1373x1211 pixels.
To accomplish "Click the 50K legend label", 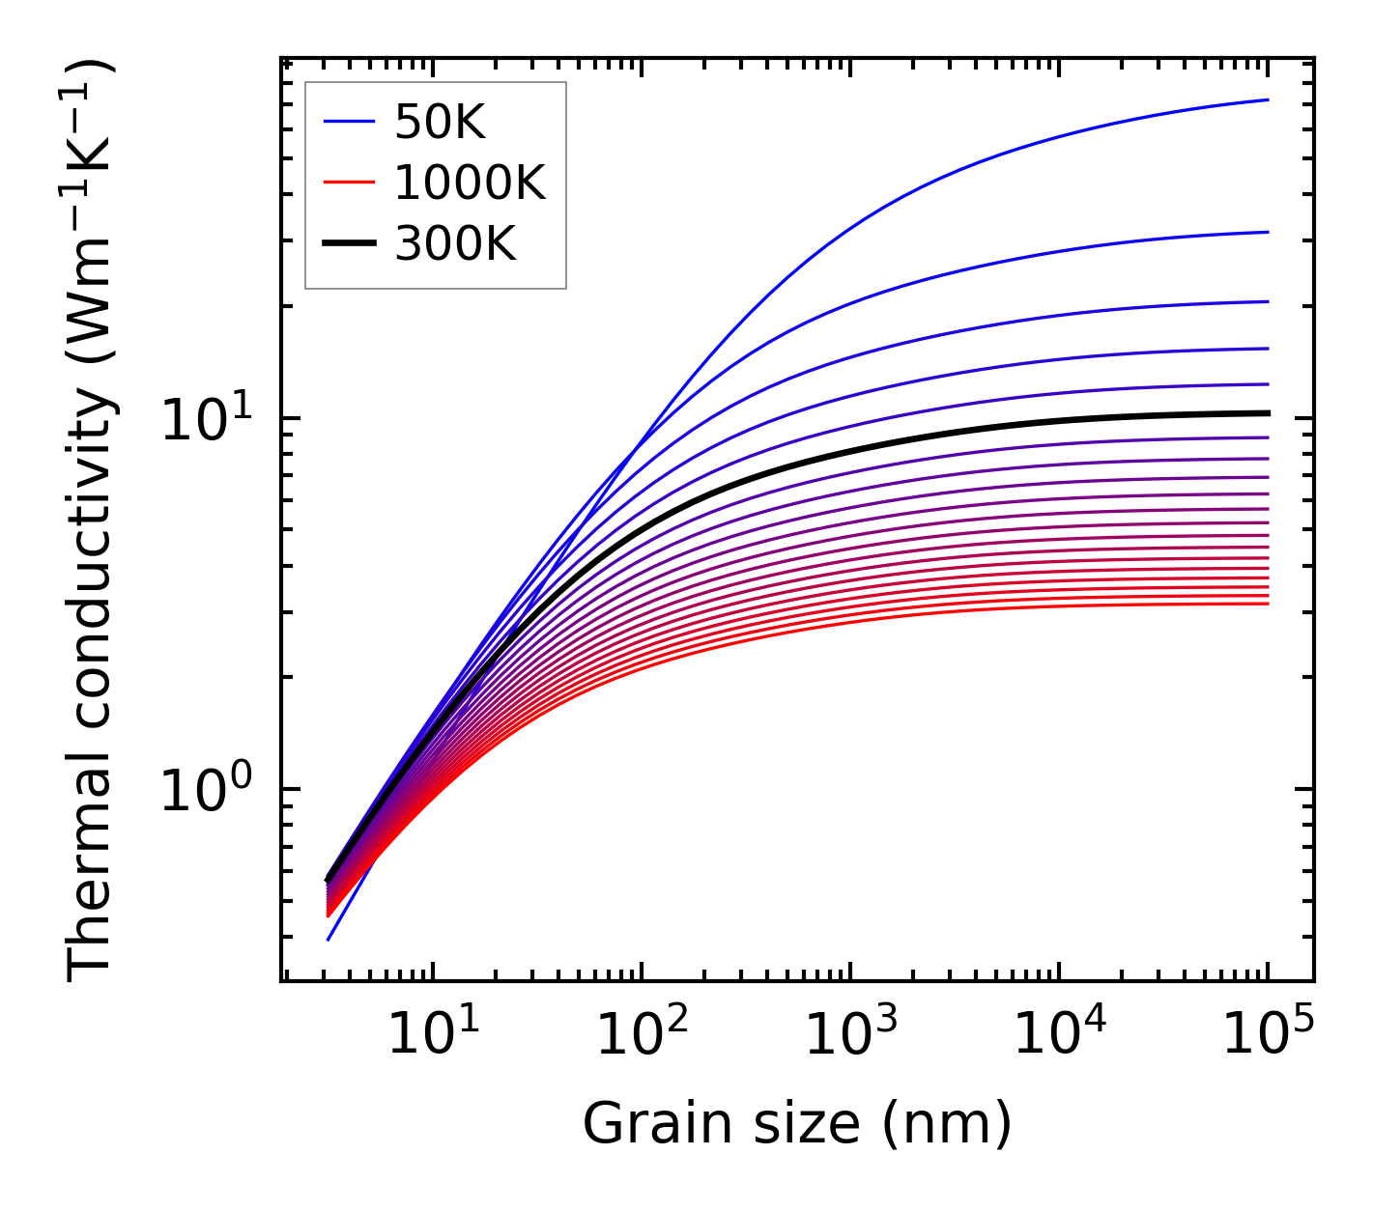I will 440,123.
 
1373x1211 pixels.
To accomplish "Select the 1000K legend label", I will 470,183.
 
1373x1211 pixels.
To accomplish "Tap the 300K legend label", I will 455,245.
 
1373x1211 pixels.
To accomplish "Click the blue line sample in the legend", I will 348,122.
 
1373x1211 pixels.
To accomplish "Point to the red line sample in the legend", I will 348,183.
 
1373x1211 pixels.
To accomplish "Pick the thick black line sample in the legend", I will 348,244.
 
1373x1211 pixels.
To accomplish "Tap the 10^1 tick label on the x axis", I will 433,1035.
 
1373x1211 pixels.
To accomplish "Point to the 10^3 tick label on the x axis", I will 850,1035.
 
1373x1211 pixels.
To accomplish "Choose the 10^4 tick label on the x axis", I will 1059,1035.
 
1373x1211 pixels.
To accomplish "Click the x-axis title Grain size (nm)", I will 797,1124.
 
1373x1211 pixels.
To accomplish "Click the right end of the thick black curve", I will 1267,413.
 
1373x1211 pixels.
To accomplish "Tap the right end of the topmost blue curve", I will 1267,99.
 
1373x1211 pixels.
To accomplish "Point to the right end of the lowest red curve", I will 1267,604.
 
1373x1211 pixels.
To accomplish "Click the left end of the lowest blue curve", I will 329,939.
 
